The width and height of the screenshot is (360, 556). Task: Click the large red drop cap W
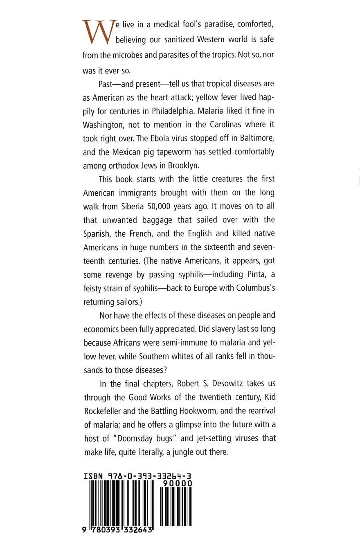coord(97,32)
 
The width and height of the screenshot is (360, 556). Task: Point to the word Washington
coord(105,124)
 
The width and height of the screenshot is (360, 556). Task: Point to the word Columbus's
coord(256,288)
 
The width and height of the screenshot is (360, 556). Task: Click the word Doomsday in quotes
coord(139,438)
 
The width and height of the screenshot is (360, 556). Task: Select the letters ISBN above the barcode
coord(94,476)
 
